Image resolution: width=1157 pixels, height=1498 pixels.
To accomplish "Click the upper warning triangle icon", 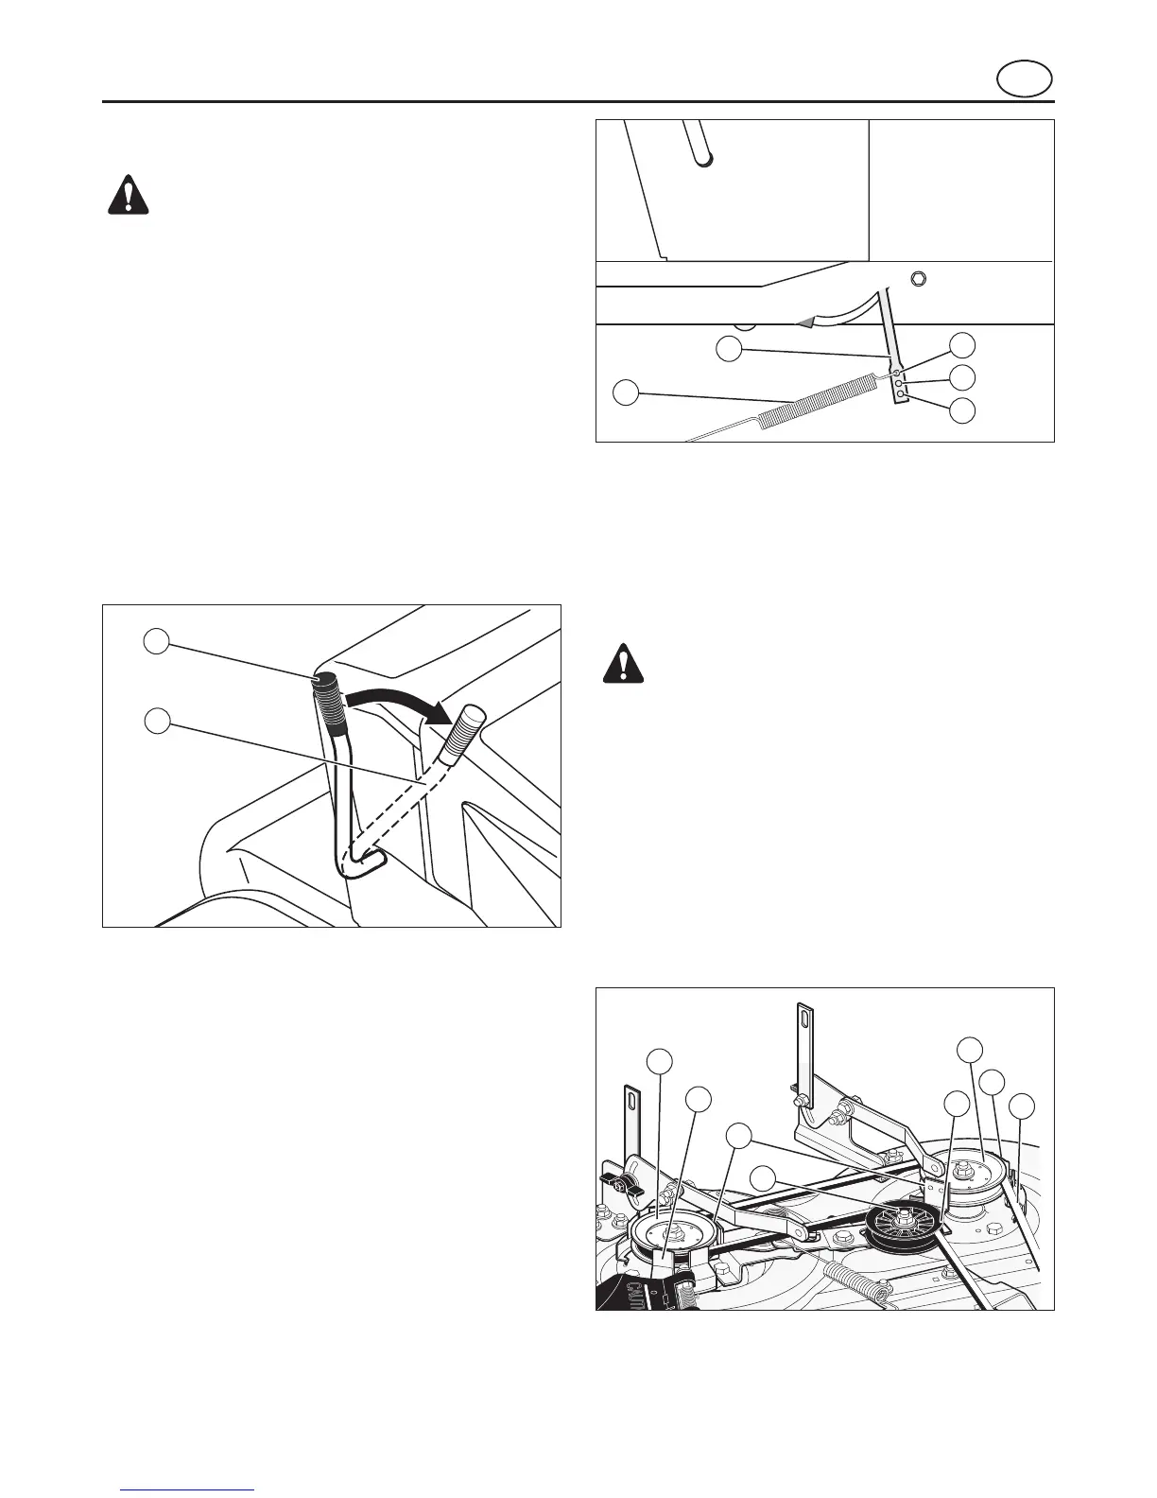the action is [128, 196].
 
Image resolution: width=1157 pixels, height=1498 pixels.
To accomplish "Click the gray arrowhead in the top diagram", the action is [803, 322].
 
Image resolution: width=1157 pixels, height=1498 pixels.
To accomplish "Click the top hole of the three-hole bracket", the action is [898, 373].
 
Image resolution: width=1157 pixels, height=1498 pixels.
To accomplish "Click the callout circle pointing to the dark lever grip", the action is [155, 641].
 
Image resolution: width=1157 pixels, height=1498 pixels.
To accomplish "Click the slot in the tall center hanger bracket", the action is [803, 1022].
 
